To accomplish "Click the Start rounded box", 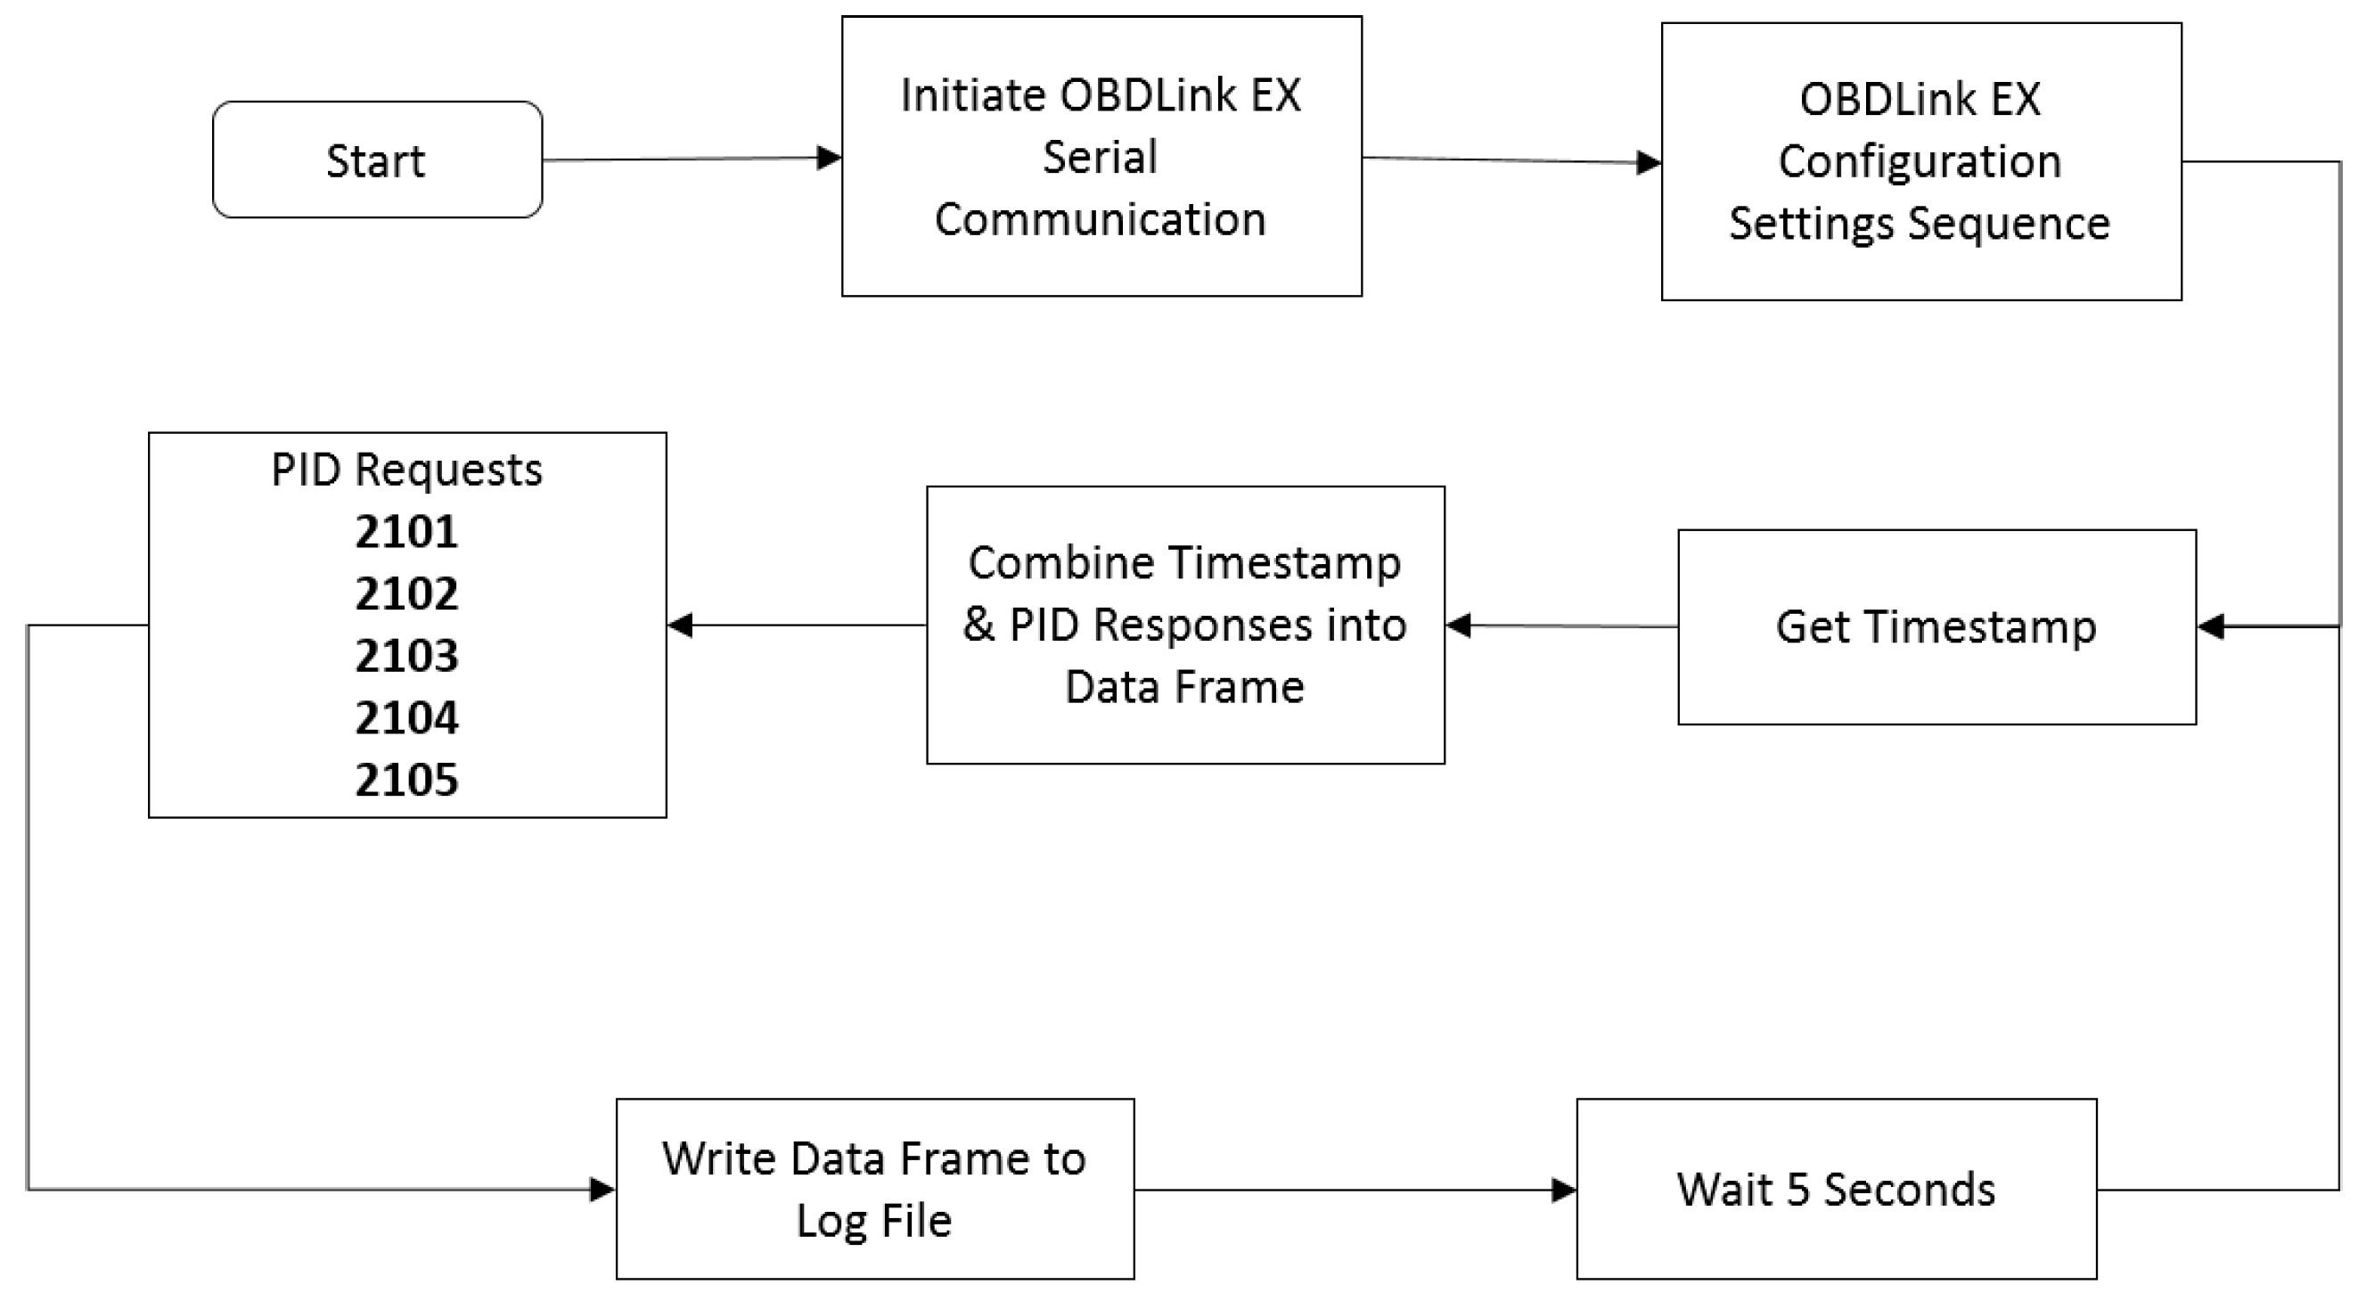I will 376,160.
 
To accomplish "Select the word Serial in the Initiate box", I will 1100,157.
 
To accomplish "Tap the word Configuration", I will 1920,162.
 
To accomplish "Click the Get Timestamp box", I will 1936,627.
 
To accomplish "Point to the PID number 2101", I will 406,532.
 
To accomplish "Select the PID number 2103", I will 406,657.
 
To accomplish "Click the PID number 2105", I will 406,780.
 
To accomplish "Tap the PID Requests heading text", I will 406,470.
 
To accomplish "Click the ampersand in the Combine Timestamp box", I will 978,626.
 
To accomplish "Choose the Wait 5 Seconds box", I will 1835,1189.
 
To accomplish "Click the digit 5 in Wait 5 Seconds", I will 1797,1190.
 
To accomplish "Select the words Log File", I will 873,1222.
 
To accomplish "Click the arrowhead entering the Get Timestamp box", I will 2211,627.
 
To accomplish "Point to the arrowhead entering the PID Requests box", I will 680,626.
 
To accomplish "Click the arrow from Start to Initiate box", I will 692,160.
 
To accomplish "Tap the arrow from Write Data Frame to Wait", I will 1355,1191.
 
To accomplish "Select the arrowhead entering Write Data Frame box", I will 602,1190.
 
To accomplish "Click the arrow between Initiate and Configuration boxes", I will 1511,161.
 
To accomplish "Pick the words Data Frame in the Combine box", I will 1183,687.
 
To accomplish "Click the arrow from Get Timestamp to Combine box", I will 1560,626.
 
